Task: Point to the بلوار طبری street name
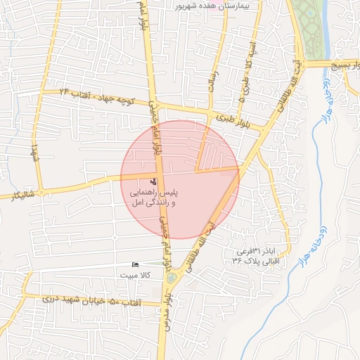232,119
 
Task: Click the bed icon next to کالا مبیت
135,264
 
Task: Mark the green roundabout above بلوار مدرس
171,279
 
